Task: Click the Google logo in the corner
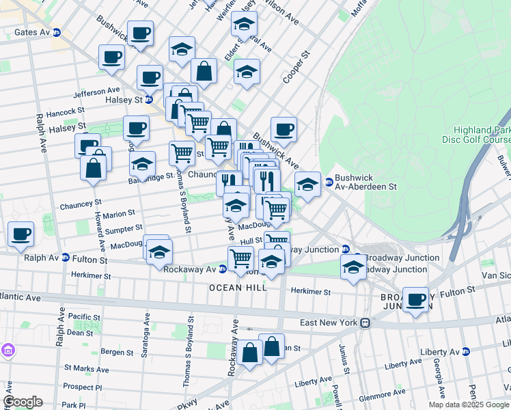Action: tap(23, 402)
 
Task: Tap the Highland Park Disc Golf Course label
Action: tap(482, 135)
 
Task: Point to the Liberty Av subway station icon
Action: tap(466, 351)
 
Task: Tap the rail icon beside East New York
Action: tap(366, 323)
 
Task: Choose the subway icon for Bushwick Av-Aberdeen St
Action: tap(329, 182)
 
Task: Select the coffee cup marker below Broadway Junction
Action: tap(415, 299)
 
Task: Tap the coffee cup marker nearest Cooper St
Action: tap(284, 128)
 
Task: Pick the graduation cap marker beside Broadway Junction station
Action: tap(353, 266)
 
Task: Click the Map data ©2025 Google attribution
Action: tap(469, 405)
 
